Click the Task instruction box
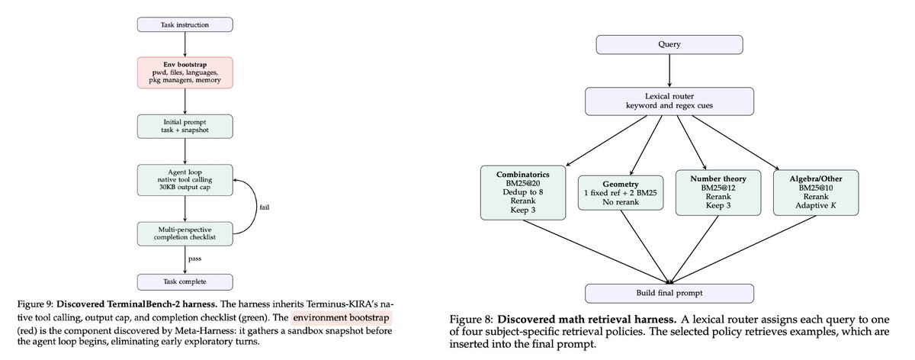click(x=185, y=24)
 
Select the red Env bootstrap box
click(x=185, y=72)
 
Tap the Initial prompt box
click(x=185, y=126)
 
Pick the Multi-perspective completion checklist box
click(x=185, y=233)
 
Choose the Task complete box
click(x=185, y=282)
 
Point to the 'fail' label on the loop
click(x=264, y=206)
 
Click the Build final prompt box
click(x=669, y=293)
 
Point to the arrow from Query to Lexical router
click(x=669, y=74)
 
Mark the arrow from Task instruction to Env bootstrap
click(x=185, y=43)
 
